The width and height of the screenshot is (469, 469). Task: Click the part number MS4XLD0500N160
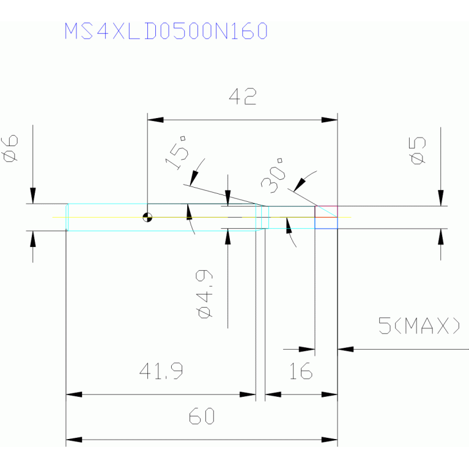pos(166,31)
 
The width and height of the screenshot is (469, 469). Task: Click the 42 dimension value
pos(243,97)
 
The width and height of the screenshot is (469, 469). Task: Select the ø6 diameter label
pos(10,149)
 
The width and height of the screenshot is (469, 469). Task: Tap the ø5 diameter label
pos(417,151)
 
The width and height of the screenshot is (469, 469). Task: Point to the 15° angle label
pos(177,153)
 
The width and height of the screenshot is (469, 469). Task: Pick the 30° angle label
pos(272,176)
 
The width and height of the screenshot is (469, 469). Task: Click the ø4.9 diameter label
pos(205,294)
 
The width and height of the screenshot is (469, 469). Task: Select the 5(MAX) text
pos(419,325)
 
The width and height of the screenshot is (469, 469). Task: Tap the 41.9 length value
pos(161,371)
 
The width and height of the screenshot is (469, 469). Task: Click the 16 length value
pos(301,371)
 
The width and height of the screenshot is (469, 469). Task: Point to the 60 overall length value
pos(202,416)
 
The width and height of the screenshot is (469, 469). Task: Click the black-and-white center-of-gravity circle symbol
pos(147,217)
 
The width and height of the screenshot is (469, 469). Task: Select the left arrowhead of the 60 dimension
pos(74,440)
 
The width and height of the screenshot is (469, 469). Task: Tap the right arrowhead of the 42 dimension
pos(330,120)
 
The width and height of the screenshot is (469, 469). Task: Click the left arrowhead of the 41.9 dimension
pos(74,394)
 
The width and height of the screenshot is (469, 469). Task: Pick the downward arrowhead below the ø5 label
pos(441,198)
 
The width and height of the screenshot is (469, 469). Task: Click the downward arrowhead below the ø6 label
pos(33,196)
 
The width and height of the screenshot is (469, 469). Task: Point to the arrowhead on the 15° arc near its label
pos(194,179)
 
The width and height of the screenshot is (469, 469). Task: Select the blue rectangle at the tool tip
pos(326,223)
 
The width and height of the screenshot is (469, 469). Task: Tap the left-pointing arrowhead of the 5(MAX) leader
pos(345,349)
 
